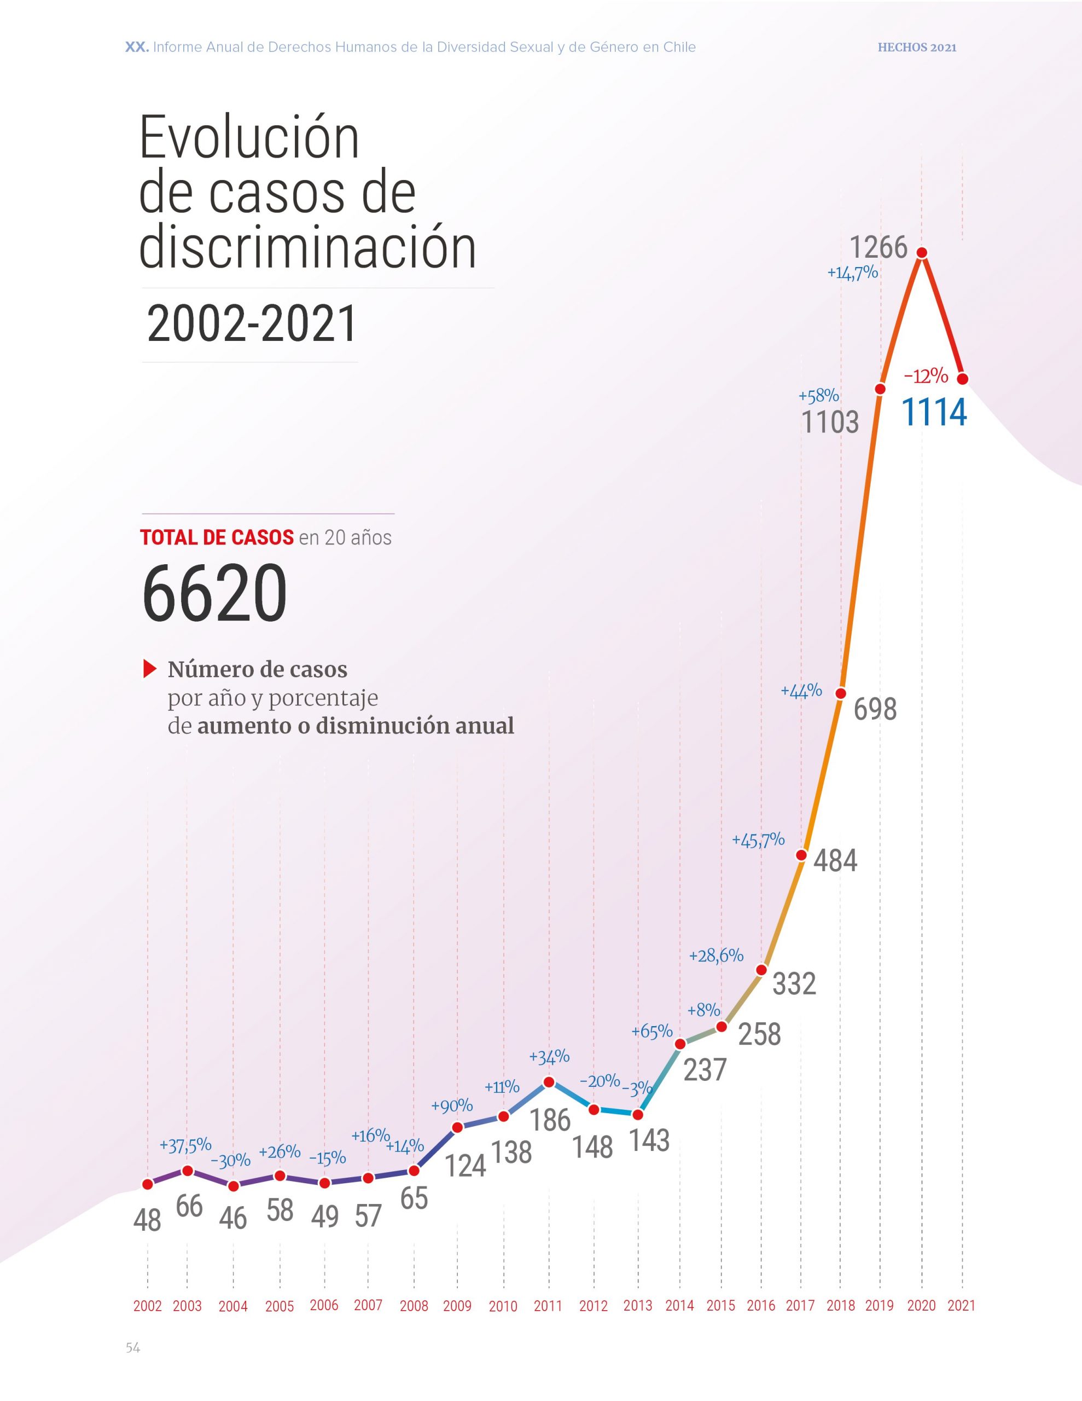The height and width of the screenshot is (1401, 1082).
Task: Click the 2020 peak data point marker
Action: click(x=922, y=253)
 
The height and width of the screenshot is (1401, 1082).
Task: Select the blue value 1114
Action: click(x=934, y=412)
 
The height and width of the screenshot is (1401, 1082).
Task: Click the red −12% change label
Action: click(x=926, y=376)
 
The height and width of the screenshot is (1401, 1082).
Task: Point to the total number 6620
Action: click(x=214, y=593)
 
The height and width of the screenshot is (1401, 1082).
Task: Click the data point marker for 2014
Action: click(x=680, y=1044)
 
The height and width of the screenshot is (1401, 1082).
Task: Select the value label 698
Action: click(x=875, y=709)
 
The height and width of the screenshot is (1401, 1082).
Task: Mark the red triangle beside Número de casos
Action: click(x=150, y=669)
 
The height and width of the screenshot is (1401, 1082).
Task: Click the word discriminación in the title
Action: click(x=308, y=247)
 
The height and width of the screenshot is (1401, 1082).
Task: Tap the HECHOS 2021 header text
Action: click(x=917, y=48)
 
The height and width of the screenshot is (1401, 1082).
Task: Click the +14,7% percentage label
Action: click(x=852, y=273)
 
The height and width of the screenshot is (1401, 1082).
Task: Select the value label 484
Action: click(x=835, y=860)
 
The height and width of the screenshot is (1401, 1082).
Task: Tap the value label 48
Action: click(x=147, y=1221)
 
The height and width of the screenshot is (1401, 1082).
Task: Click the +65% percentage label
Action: click(x=651, y=1032)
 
